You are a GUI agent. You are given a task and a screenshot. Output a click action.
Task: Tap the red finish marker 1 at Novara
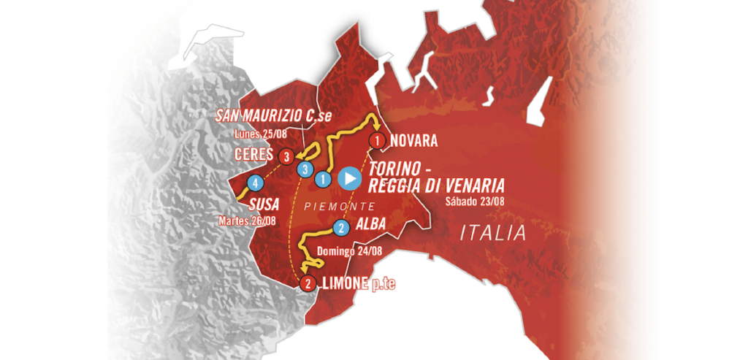tap(377, 139)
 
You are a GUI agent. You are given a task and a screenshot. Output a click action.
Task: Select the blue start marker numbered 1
tap(322, 177)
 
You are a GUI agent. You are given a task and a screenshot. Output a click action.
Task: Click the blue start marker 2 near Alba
tap(340, 228)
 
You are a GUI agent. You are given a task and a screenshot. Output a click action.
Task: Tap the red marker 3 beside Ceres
tap(286, 156)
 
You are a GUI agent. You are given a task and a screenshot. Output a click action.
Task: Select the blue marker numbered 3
tap(302, 169)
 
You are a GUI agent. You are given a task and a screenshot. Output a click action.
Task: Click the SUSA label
tap(264, 203)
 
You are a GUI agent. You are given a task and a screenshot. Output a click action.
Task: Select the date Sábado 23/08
tap(474, 202)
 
